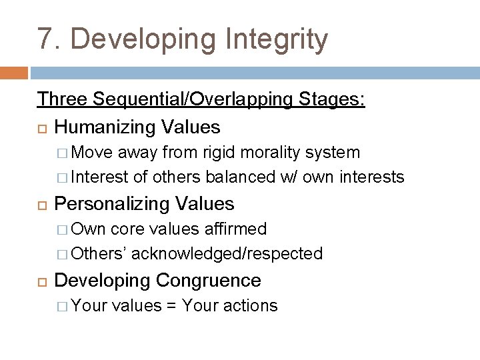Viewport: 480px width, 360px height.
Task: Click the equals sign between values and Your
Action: [x=171, y=306]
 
